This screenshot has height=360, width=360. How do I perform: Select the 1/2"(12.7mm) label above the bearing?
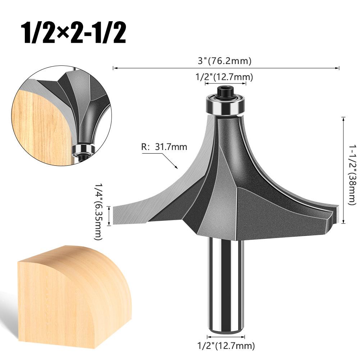[224, 77]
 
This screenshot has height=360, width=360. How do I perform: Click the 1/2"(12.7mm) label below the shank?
[225, 346]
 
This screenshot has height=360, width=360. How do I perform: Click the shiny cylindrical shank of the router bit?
[225, 281]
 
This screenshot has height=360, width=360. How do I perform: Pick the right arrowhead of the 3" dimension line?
[338, 68]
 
